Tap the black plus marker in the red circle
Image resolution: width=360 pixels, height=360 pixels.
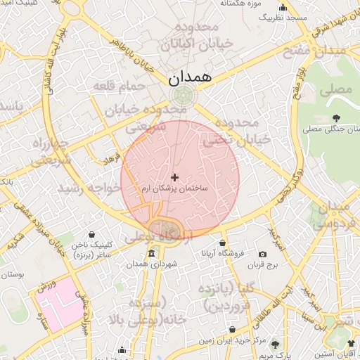pyautogui.click(x=175, y=177)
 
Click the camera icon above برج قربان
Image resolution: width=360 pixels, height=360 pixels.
pyautogui.click(x=263, y=254)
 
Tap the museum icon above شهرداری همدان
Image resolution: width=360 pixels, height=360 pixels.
pyautogui.click(x=152, y=253)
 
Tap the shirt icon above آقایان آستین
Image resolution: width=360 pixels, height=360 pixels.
pyautogui.click(x=351, y=343)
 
